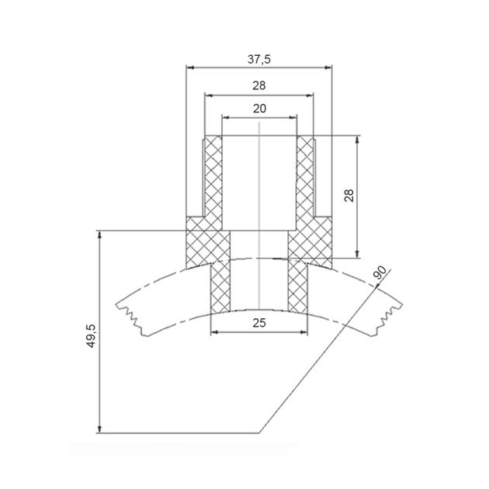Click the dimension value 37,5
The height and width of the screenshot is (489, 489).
pos(258,59)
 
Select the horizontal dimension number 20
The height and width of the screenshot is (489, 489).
pos(259,109)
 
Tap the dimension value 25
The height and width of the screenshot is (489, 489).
pos(259,323)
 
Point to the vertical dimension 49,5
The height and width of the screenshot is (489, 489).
pos(91,336)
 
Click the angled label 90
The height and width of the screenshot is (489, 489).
pos(380,272)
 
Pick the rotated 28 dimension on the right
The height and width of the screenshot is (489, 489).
pos(349,196)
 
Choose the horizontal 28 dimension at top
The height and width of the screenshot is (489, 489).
pos(259,85)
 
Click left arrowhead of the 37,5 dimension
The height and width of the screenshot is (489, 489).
pos(190,68)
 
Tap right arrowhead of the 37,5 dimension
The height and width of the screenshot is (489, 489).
pos(328,68)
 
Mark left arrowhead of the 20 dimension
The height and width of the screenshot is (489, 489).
pos(226,117)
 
